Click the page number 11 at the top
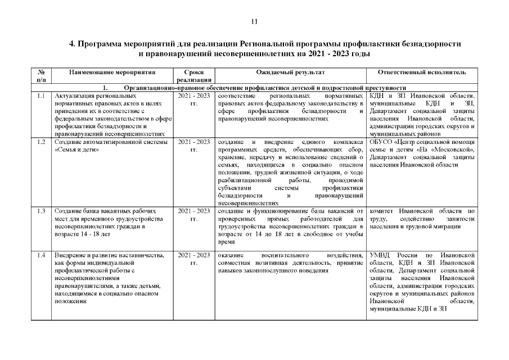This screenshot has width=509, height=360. pyautogui.click(x=254, y=22)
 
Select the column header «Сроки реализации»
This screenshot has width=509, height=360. pyautogui.click(x=193, y=76)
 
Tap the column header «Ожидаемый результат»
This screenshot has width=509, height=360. pyautogui.click(x=290, y=73)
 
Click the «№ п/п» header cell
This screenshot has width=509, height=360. pyautogui.click(x=41, y=76)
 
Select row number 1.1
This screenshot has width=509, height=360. pyautogui.click(x=41, y=96)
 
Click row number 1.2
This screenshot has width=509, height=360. pyautogui.click(x=41, y=142)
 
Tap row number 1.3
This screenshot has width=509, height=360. pyautogui.click(x=41, y=211)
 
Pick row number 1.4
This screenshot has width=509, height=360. pyautogui.click(x=41, y=256)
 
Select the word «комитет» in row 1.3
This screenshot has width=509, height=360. pyautogui.click(x=383, y=211)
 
